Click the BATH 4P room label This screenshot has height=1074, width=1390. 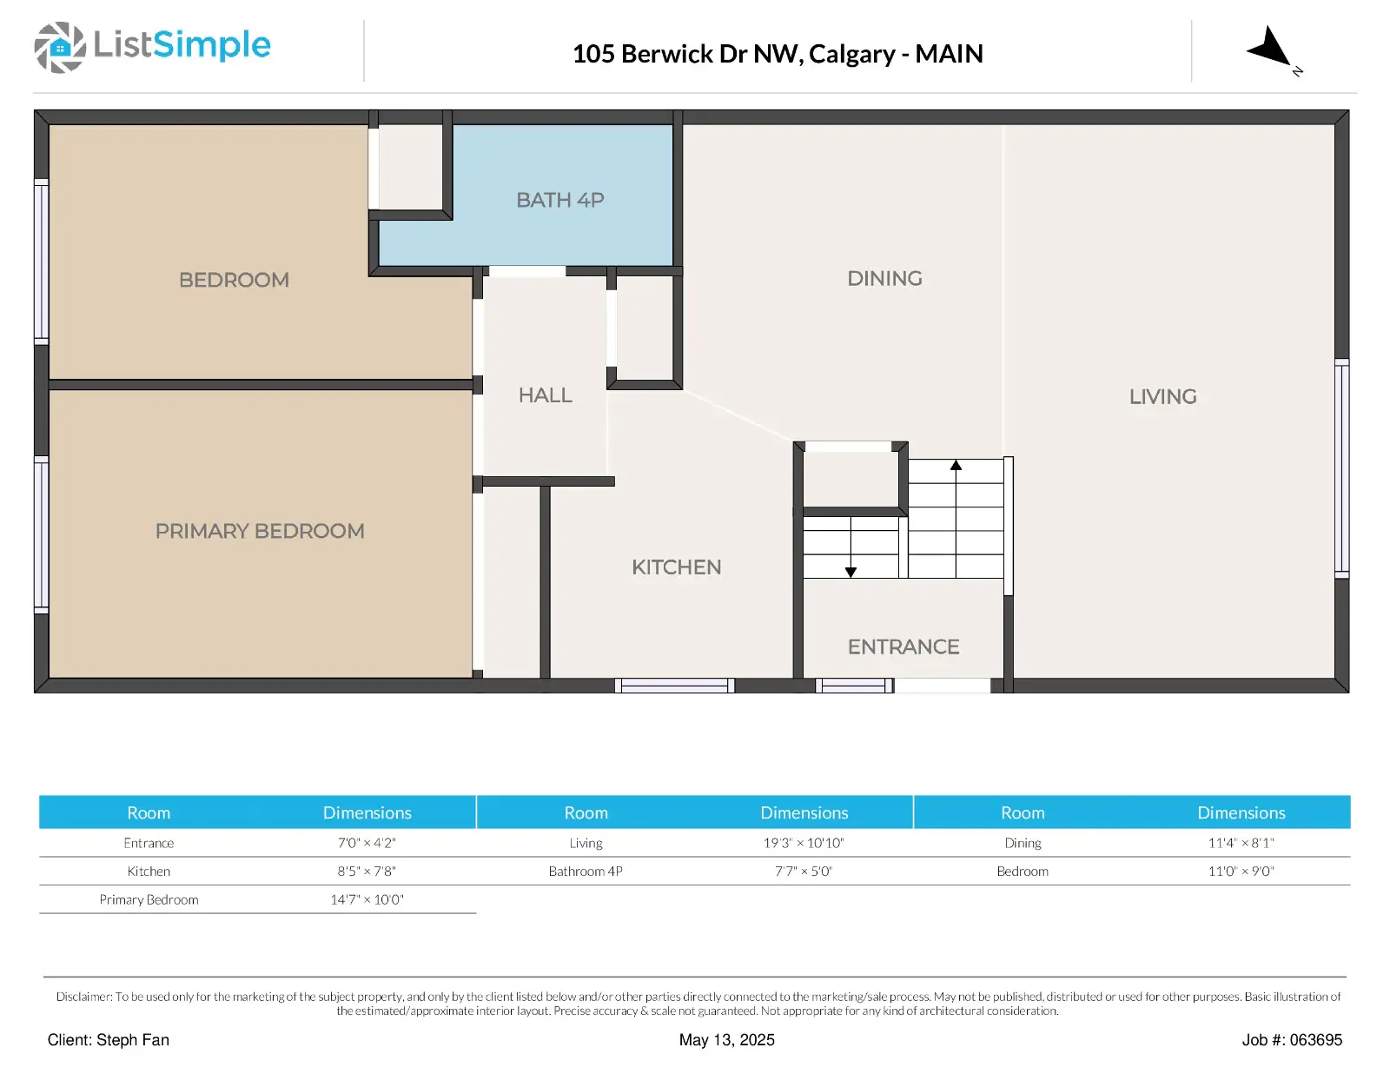click(x=559, y=200)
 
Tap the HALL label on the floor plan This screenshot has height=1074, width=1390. click(x=545, y=395)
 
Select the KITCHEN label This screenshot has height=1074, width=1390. click(x=676, y=567)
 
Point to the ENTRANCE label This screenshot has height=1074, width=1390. click(x=903, y=646)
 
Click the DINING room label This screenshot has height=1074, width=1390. click(x=884, y=278)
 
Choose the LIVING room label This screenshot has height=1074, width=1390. click(x=1162, y=396)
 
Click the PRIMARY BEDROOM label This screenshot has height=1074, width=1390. click(x=260, y=531)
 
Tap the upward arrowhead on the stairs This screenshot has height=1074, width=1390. click(x=956, y=465)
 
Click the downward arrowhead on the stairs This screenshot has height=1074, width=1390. click(x=851, y=572)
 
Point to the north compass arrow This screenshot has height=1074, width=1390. click(x=1270, y=48)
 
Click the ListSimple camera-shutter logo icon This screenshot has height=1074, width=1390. click(x=60, y=47)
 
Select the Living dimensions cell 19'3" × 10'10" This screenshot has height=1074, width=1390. click(x=804, y=843)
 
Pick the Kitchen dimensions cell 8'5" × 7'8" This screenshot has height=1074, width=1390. click(x=367, y=872)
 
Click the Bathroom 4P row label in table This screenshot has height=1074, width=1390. click(x=586, y=872)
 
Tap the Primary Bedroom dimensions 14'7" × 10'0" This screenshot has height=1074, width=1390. click(x=367, y=899)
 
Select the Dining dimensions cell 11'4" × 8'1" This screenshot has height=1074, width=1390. click(x=1241, y=843)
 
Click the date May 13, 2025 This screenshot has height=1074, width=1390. click(x=726, y=1040)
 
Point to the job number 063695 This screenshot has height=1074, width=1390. click(x=1315, y=1040)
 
